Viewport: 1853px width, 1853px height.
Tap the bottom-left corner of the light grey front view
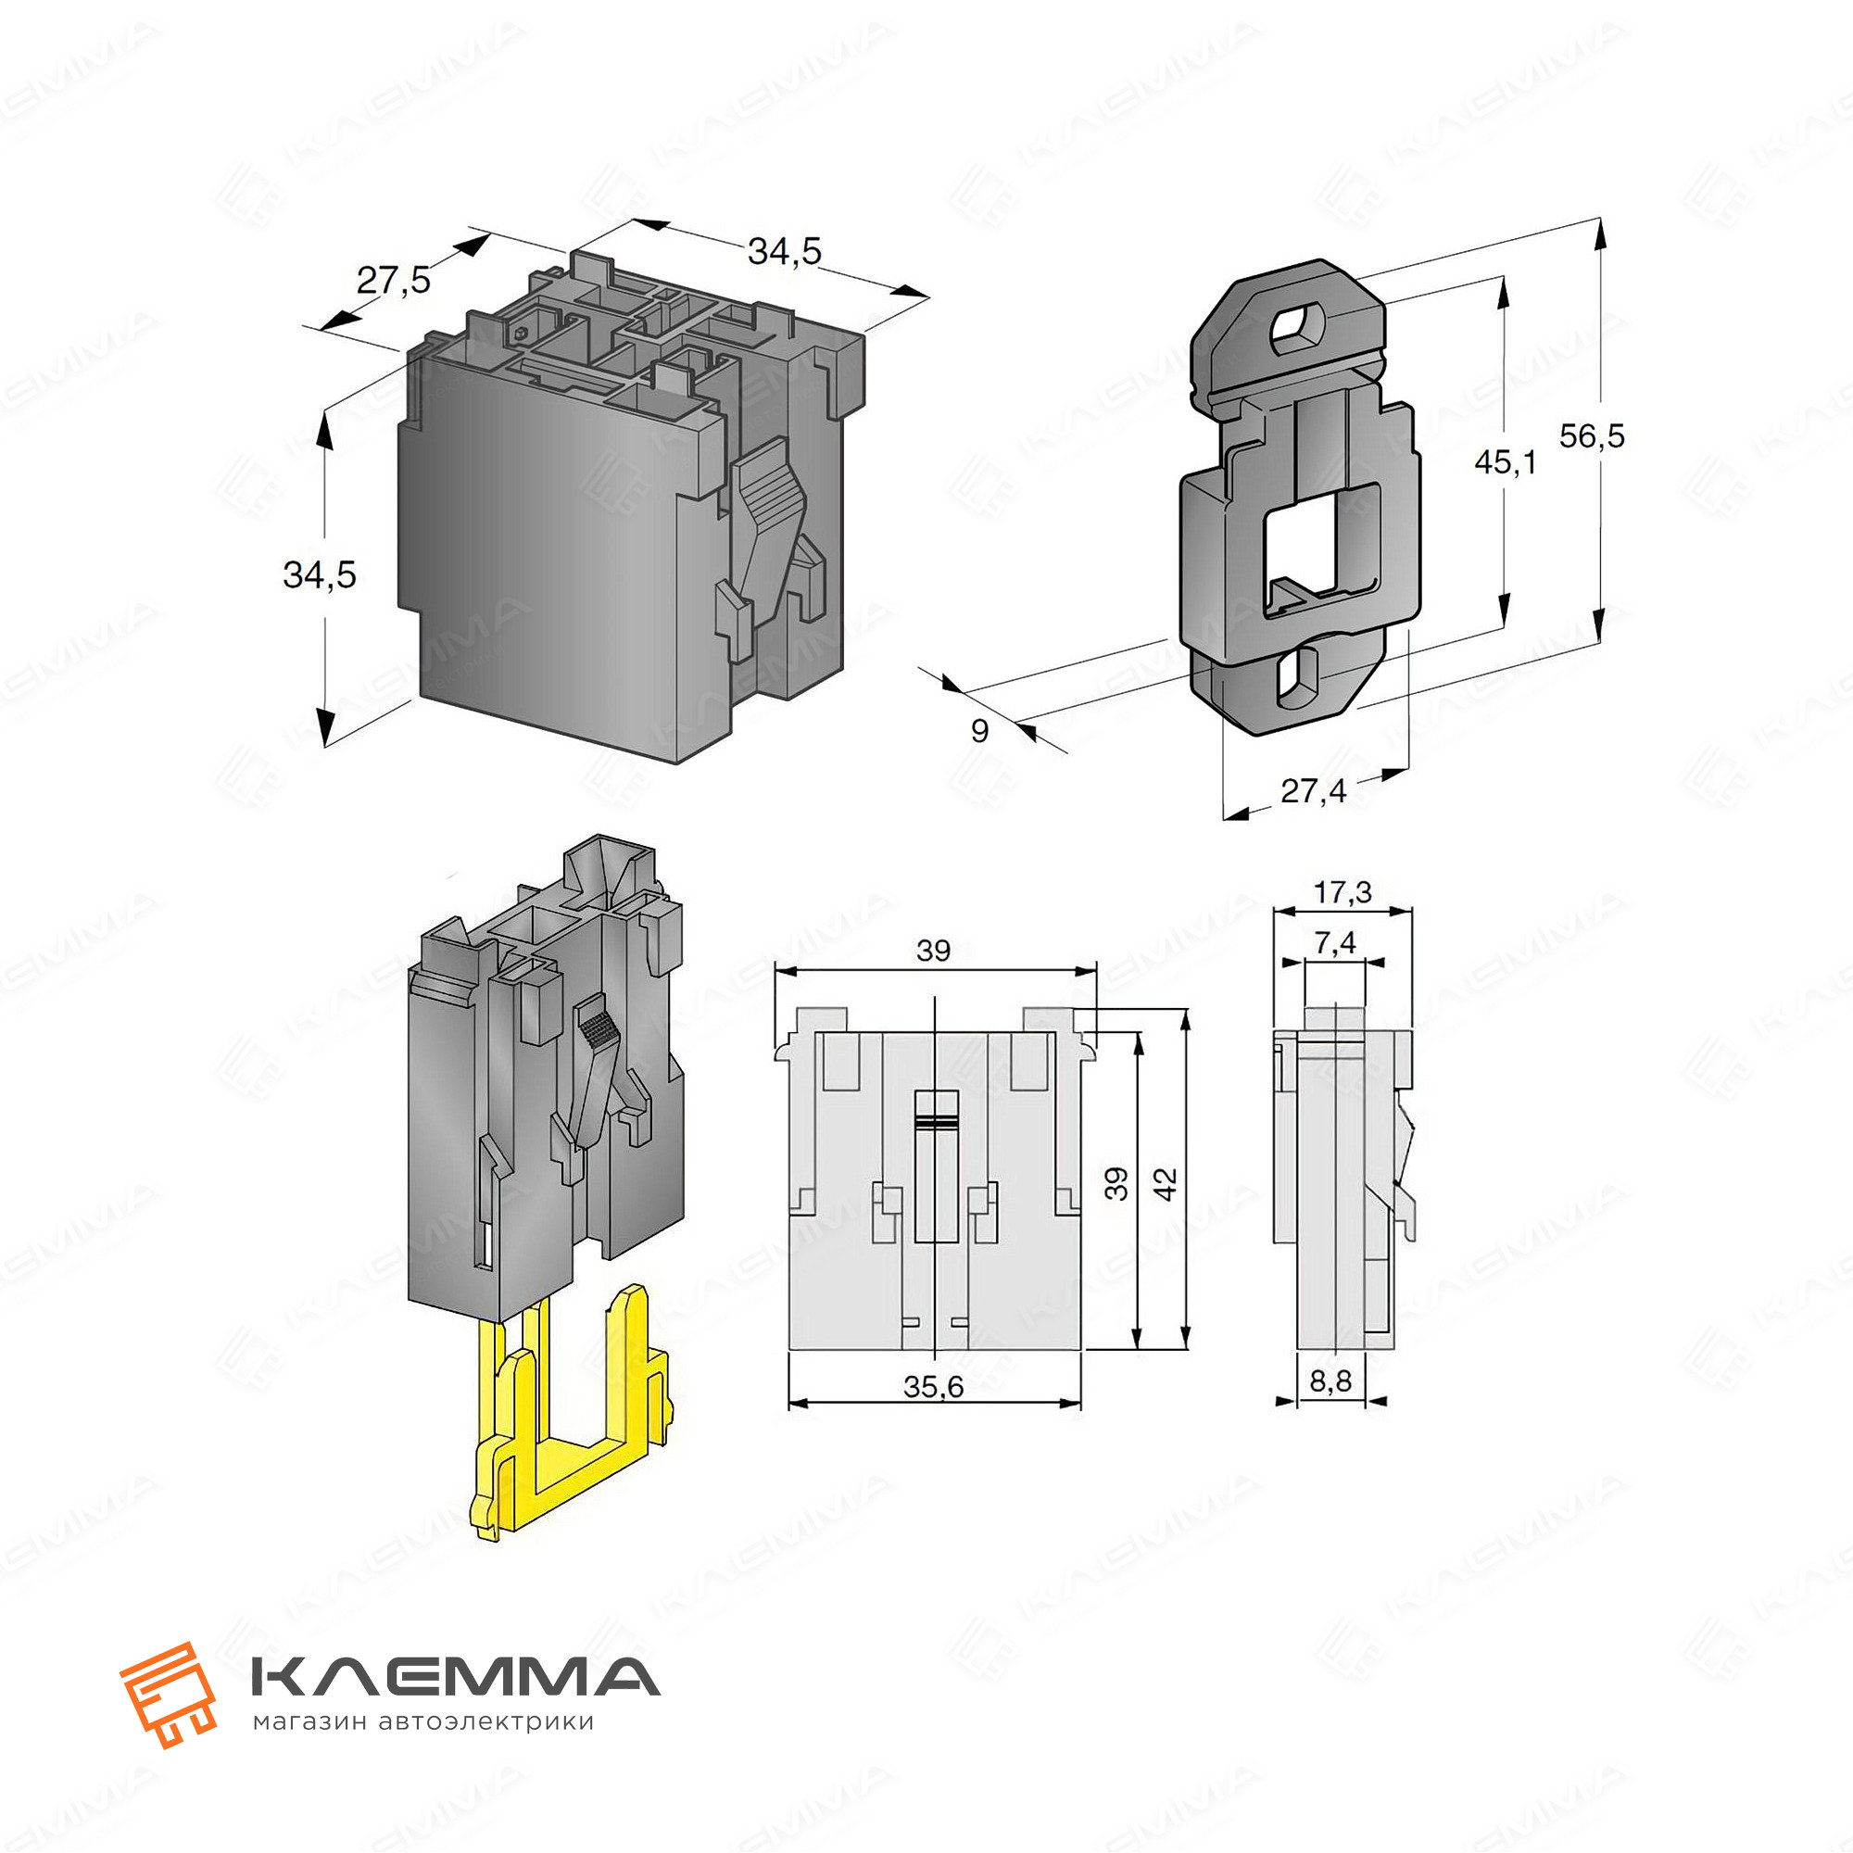click(788, 1351)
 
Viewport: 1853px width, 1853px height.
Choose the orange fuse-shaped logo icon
click(168, 1695)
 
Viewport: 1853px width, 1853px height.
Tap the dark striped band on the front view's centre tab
click(937, 1120)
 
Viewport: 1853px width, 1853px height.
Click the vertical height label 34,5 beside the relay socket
click(320, 575)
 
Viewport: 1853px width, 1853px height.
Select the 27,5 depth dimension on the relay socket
click(394, 281)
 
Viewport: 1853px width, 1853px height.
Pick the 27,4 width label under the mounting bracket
click(1313, 791)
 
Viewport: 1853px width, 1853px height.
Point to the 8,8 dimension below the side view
click(1330, 1380)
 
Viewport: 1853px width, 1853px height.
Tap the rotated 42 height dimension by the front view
click(1166, 1183)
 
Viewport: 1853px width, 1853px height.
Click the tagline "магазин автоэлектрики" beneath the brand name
click(423, 1722)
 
